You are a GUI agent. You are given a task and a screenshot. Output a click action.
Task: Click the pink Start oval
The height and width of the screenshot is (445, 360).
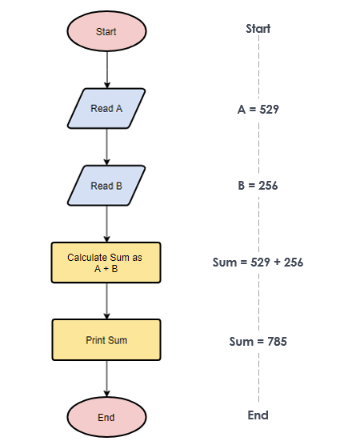(106, 31)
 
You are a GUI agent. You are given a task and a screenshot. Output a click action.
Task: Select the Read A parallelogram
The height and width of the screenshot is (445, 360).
(106, 108)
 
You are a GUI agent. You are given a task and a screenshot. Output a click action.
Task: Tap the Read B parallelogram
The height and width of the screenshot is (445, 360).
(106, 186)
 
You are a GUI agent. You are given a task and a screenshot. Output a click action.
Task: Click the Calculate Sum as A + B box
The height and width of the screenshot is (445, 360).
(106, 263)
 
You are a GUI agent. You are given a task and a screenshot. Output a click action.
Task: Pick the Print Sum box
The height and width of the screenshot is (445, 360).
(106, 339)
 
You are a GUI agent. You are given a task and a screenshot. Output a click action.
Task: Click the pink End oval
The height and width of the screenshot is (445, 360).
(106, 417)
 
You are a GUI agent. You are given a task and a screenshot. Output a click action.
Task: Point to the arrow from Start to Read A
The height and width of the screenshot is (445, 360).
(107, 70)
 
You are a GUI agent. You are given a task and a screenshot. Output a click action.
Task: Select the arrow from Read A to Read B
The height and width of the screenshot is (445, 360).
(107, 147)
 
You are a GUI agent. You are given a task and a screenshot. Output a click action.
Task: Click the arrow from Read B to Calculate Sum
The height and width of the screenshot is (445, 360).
(107, 224)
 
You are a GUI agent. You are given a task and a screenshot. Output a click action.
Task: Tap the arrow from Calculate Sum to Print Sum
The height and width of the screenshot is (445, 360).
(107, 301)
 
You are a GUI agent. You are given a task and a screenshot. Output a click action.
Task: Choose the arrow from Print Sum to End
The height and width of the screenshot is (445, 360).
(107, 379)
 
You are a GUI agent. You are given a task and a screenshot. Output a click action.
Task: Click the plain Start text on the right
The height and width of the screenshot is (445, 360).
(258, 29)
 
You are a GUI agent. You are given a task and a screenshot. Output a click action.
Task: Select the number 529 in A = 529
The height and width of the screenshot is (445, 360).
(270, 110)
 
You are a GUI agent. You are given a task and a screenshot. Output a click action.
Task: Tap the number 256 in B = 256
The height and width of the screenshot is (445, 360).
(268, 186)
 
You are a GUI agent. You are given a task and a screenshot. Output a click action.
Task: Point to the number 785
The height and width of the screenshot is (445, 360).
(277, 341)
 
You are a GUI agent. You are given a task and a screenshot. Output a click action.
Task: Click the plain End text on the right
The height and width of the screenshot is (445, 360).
(258, 415)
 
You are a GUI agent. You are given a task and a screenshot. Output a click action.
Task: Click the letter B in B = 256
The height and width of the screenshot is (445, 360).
(241, 186)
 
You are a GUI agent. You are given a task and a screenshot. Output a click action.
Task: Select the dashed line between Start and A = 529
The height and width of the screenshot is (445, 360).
(258, 67)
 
